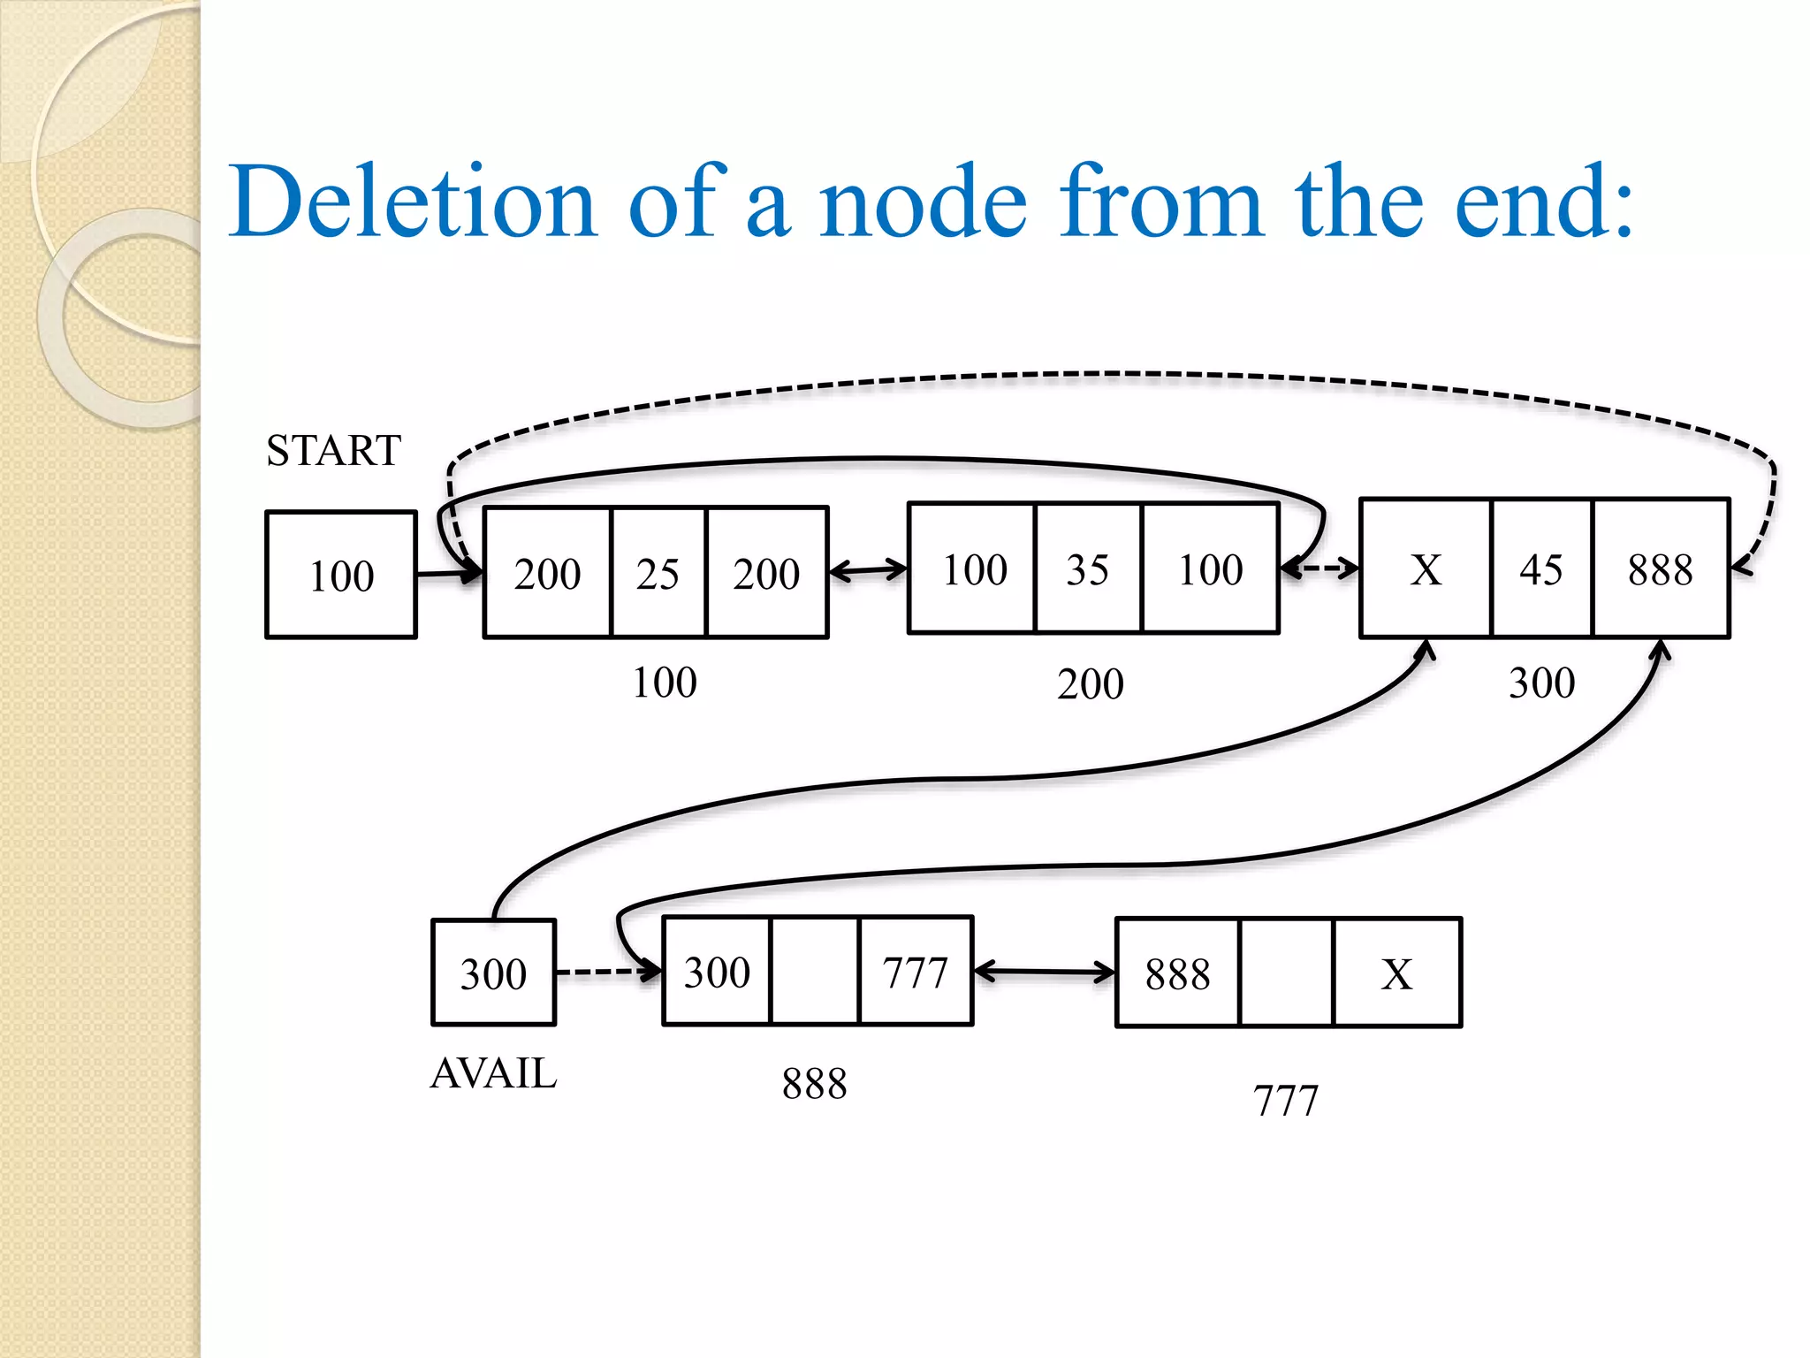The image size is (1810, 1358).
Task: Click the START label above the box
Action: coord(333,451)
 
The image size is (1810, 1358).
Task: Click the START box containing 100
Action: coord(341,575)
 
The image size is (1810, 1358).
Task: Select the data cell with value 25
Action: coord(658,573)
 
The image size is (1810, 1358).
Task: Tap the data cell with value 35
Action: coord(1087,569)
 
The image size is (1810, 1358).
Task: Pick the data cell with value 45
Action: coord(1541,568)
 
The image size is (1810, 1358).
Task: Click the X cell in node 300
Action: coord(1426,568)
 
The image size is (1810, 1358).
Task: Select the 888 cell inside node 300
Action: coord(1660,568)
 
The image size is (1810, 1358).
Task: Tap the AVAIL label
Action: coord(493,1073)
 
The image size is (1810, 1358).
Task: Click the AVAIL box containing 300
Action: coord(493,973)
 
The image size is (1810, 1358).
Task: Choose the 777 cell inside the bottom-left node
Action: coord(915,972)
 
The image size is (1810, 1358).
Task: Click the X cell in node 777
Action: coord(1396,973)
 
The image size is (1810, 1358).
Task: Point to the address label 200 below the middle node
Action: coord(1090,683)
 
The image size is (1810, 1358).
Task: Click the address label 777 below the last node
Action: coord(1285,1101)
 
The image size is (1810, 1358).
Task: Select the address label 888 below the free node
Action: coord(814,1083)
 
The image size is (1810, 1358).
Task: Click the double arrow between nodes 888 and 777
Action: coord(1044,973)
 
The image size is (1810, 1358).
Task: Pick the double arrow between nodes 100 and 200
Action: coord(868,570)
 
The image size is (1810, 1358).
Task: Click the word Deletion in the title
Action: coord(414,202)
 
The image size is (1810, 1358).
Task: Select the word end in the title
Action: coord(1543,202)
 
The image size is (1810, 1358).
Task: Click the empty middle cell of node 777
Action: coord(1286,973)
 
